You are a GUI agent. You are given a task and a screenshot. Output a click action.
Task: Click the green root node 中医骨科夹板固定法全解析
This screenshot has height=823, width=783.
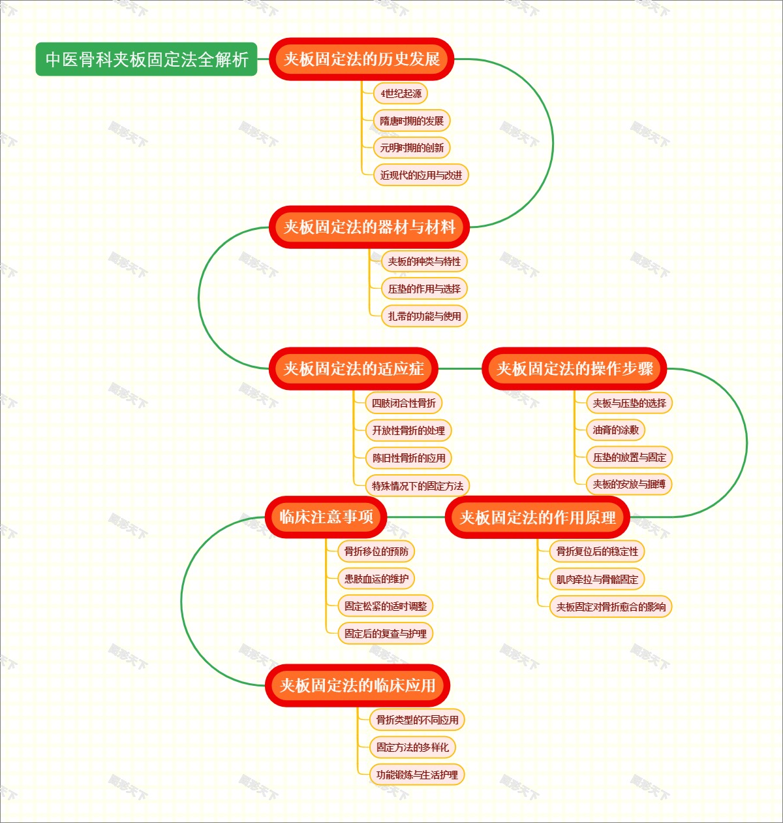point(146,59)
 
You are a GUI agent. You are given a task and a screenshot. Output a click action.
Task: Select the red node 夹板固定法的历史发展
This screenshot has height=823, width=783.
point(361,59)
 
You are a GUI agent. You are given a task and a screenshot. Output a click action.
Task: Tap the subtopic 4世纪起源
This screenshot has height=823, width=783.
point(401,93)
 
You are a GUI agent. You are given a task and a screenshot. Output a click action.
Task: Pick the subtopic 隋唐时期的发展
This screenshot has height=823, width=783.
point(412,121)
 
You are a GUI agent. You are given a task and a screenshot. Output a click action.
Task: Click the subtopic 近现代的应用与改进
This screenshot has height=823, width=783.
point(421,175)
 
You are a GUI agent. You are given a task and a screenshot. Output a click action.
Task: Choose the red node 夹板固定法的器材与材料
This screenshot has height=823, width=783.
point(369,227)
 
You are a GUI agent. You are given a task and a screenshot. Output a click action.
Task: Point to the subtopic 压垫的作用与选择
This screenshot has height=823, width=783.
point(424,289)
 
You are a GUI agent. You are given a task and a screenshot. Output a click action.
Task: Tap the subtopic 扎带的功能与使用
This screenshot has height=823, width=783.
point(424,316)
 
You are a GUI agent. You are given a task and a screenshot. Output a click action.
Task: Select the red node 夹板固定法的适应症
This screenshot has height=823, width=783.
point(354,369)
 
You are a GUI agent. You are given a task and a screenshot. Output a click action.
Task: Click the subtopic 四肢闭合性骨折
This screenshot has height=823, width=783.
point(403,403)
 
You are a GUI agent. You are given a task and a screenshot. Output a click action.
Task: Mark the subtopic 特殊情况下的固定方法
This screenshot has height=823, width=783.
point(418,486)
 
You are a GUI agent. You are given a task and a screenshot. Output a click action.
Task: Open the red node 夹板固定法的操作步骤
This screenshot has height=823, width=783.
point(575,369)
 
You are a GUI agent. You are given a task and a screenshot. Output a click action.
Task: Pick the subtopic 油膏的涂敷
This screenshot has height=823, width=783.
point(615,430)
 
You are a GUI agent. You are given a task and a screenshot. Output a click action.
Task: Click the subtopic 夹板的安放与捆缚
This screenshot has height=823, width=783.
point(629,484)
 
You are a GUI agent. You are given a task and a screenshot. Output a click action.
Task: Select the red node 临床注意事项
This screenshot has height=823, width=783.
point(326,517)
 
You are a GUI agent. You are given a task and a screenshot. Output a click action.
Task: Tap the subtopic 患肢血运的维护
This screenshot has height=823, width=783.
point(376,579)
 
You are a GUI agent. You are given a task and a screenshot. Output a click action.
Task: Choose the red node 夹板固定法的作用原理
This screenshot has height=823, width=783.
point(538,518)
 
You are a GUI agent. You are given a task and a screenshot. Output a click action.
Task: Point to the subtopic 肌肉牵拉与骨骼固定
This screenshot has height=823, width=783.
point(597,579)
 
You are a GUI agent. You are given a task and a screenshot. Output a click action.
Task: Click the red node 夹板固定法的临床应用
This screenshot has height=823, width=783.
point(358,685)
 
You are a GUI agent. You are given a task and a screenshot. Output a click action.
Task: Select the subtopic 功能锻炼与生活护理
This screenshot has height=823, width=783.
point(417,775)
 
